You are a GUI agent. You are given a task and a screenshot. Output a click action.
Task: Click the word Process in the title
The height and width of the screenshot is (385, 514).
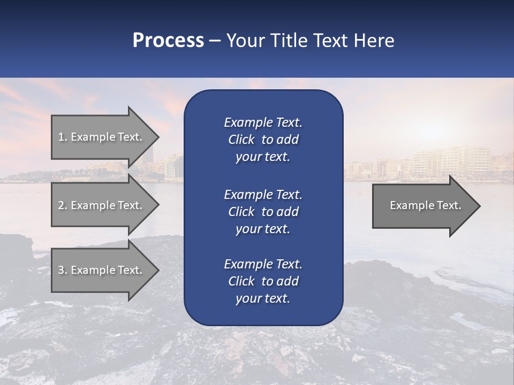coord(168,41)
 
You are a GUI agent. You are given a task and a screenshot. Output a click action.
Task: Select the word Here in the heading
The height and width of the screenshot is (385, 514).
coord(374,41)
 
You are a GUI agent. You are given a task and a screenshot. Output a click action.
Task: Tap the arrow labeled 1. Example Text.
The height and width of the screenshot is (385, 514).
coord(102,137)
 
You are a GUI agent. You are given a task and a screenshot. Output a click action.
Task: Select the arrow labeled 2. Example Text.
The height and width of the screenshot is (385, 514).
coord(102,205)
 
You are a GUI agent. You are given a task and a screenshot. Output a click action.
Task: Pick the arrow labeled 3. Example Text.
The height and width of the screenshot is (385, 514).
coord(102,270)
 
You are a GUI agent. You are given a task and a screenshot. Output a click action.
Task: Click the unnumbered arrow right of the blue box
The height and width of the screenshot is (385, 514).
coord(423,205)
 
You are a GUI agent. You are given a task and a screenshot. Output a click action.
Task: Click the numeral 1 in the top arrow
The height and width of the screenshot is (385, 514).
coord(61,137)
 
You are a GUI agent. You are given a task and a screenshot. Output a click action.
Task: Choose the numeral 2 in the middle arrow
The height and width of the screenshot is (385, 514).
coord(61,205)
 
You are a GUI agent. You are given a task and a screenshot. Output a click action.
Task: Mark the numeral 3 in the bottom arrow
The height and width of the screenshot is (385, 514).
coord(61,270)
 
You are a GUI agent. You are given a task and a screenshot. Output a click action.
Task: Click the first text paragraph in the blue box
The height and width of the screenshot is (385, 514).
coord(263,140)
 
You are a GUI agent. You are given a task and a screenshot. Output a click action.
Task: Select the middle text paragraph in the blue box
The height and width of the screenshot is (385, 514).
coord(263,211)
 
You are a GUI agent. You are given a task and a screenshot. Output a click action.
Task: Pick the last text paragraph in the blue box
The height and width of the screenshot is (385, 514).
coord(263,281)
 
